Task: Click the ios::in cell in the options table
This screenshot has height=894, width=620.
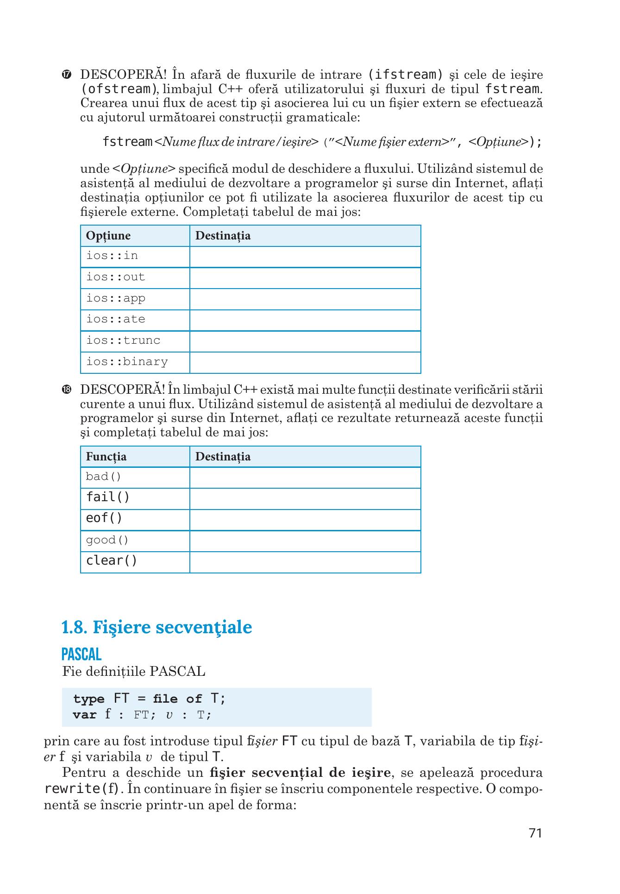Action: tap(112, 256)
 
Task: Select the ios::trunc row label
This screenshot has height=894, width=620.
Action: tap(123, 340)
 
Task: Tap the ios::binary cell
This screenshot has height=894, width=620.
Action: tap(127, 362)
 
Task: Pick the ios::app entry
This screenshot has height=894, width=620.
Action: tap(116, 298)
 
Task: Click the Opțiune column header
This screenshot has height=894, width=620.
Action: tap(108, 236)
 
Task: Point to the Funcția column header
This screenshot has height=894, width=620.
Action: tap(106, 457)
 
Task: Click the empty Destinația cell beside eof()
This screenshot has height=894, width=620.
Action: tap(305, 520)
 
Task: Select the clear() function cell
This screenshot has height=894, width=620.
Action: tap(112, 561)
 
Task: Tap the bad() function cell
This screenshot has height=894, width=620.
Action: tap(103, 477)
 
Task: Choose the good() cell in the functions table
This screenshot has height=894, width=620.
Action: tap(107, 540)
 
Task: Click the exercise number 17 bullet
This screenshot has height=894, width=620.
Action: tap(67, 75)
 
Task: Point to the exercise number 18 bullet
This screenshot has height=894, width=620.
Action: tap(67, 390)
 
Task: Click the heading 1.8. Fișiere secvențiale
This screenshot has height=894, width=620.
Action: tap(157, 628)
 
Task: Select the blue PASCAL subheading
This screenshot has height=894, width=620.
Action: tap(81, 654)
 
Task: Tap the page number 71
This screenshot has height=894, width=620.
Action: tap(535, 846)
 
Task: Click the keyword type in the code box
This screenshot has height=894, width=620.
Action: tap(88, 699)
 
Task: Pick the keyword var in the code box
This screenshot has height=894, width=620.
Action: tap(84, 715)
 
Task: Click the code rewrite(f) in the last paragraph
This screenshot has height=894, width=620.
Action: tap(83, 788)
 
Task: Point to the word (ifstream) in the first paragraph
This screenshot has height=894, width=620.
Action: tap(405, 75)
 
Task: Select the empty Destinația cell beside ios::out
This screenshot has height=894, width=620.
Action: tap(305, 277)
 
